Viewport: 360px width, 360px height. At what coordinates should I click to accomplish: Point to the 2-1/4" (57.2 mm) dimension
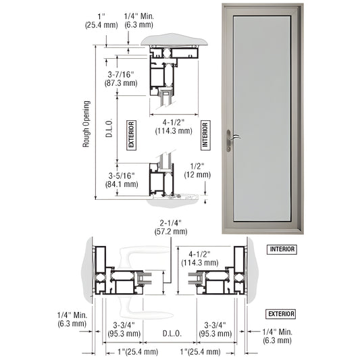click(171, 226)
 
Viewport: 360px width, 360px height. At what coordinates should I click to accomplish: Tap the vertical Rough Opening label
click(86, 124)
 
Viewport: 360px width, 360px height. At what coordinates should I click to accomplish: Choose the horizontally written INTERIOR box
click(282, 249)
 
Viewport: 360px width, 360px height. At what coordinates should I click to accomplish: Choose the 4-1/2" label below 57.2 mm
click(196, 259)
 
